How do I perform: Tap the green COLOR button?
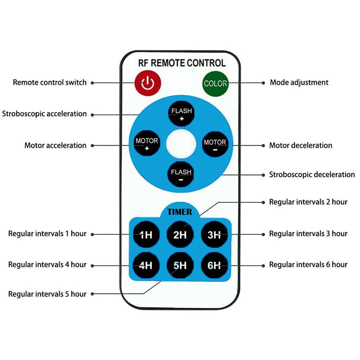tap(215, 84)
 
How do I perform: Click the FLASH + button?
tap(181, 114)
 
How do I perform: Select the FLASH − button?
tap(181, 175)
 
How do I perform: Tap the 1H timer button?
tap(146, 235)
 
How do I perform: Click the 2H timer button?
tap(180, 235)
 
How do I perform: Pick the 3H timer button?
tap(214, 235)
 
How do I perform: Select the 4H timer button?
tap(146, 265)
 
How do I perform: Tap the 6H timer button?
tap(214, 265)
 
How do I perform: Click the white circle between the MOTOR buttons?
tap(181, 144)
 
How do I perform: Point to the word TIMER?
tap(180, 212)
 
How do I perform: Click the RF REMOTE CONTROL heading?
tap(182, 63)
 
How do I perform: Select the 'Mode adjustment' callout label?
tap(299, 82)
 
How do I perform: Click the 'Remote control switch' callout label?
tap(49, 82)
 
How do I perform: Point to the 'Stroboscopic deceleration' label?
tap(312, 175)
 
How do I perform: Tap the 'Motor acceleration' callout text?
tap(55, 145)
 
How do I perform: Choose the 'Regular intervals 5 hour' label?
tap(47, 294)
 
